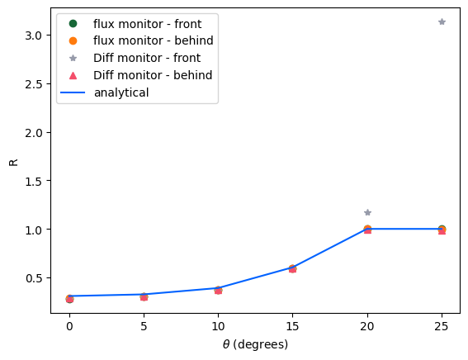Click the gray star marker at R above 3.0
click(442, 21)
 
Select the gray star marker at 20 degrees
click(367, 212)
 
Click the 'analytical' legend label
click(121, 92)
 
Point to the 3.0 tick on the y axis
click(33, 36)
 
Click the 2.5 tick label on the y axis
click(33, 84)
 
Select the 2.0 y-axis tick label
click(33, 132)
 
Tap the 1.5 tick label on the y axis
click(33, 181)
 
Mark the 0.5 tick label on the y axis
click(33, 277)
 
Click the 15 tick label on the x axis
click(292, 328)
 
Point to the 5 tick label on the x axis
click(144, 328)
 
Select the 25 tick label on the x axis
click(442, 328)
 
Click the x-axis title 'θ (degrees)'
click(255, 344)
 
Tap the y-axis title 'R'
click(12, 162)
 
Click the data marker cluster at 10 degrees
click(218, 290)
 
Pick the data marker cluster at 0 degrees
click(69, 298)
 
